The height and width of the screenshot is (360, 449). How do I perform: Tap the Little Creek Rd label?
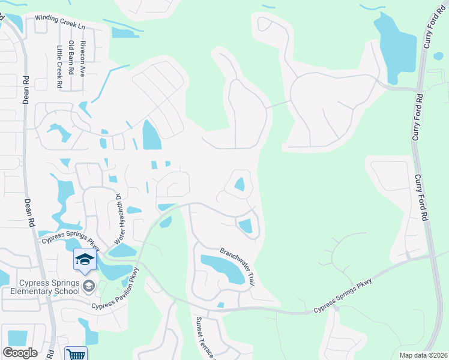(59, 67)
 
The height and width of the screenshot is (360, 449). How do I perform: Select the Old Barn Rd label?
(71, 55)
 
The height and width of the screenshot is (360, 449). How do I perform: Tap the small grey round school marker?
(89, 284)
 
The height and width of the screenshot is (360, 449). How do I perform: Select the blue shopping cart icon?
(76, 354)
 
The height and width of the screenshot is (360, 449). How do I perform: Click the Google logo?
(20, 353)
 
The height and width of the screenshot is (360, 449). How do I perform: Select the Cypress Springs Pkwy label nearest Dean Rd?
(71, 242)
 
